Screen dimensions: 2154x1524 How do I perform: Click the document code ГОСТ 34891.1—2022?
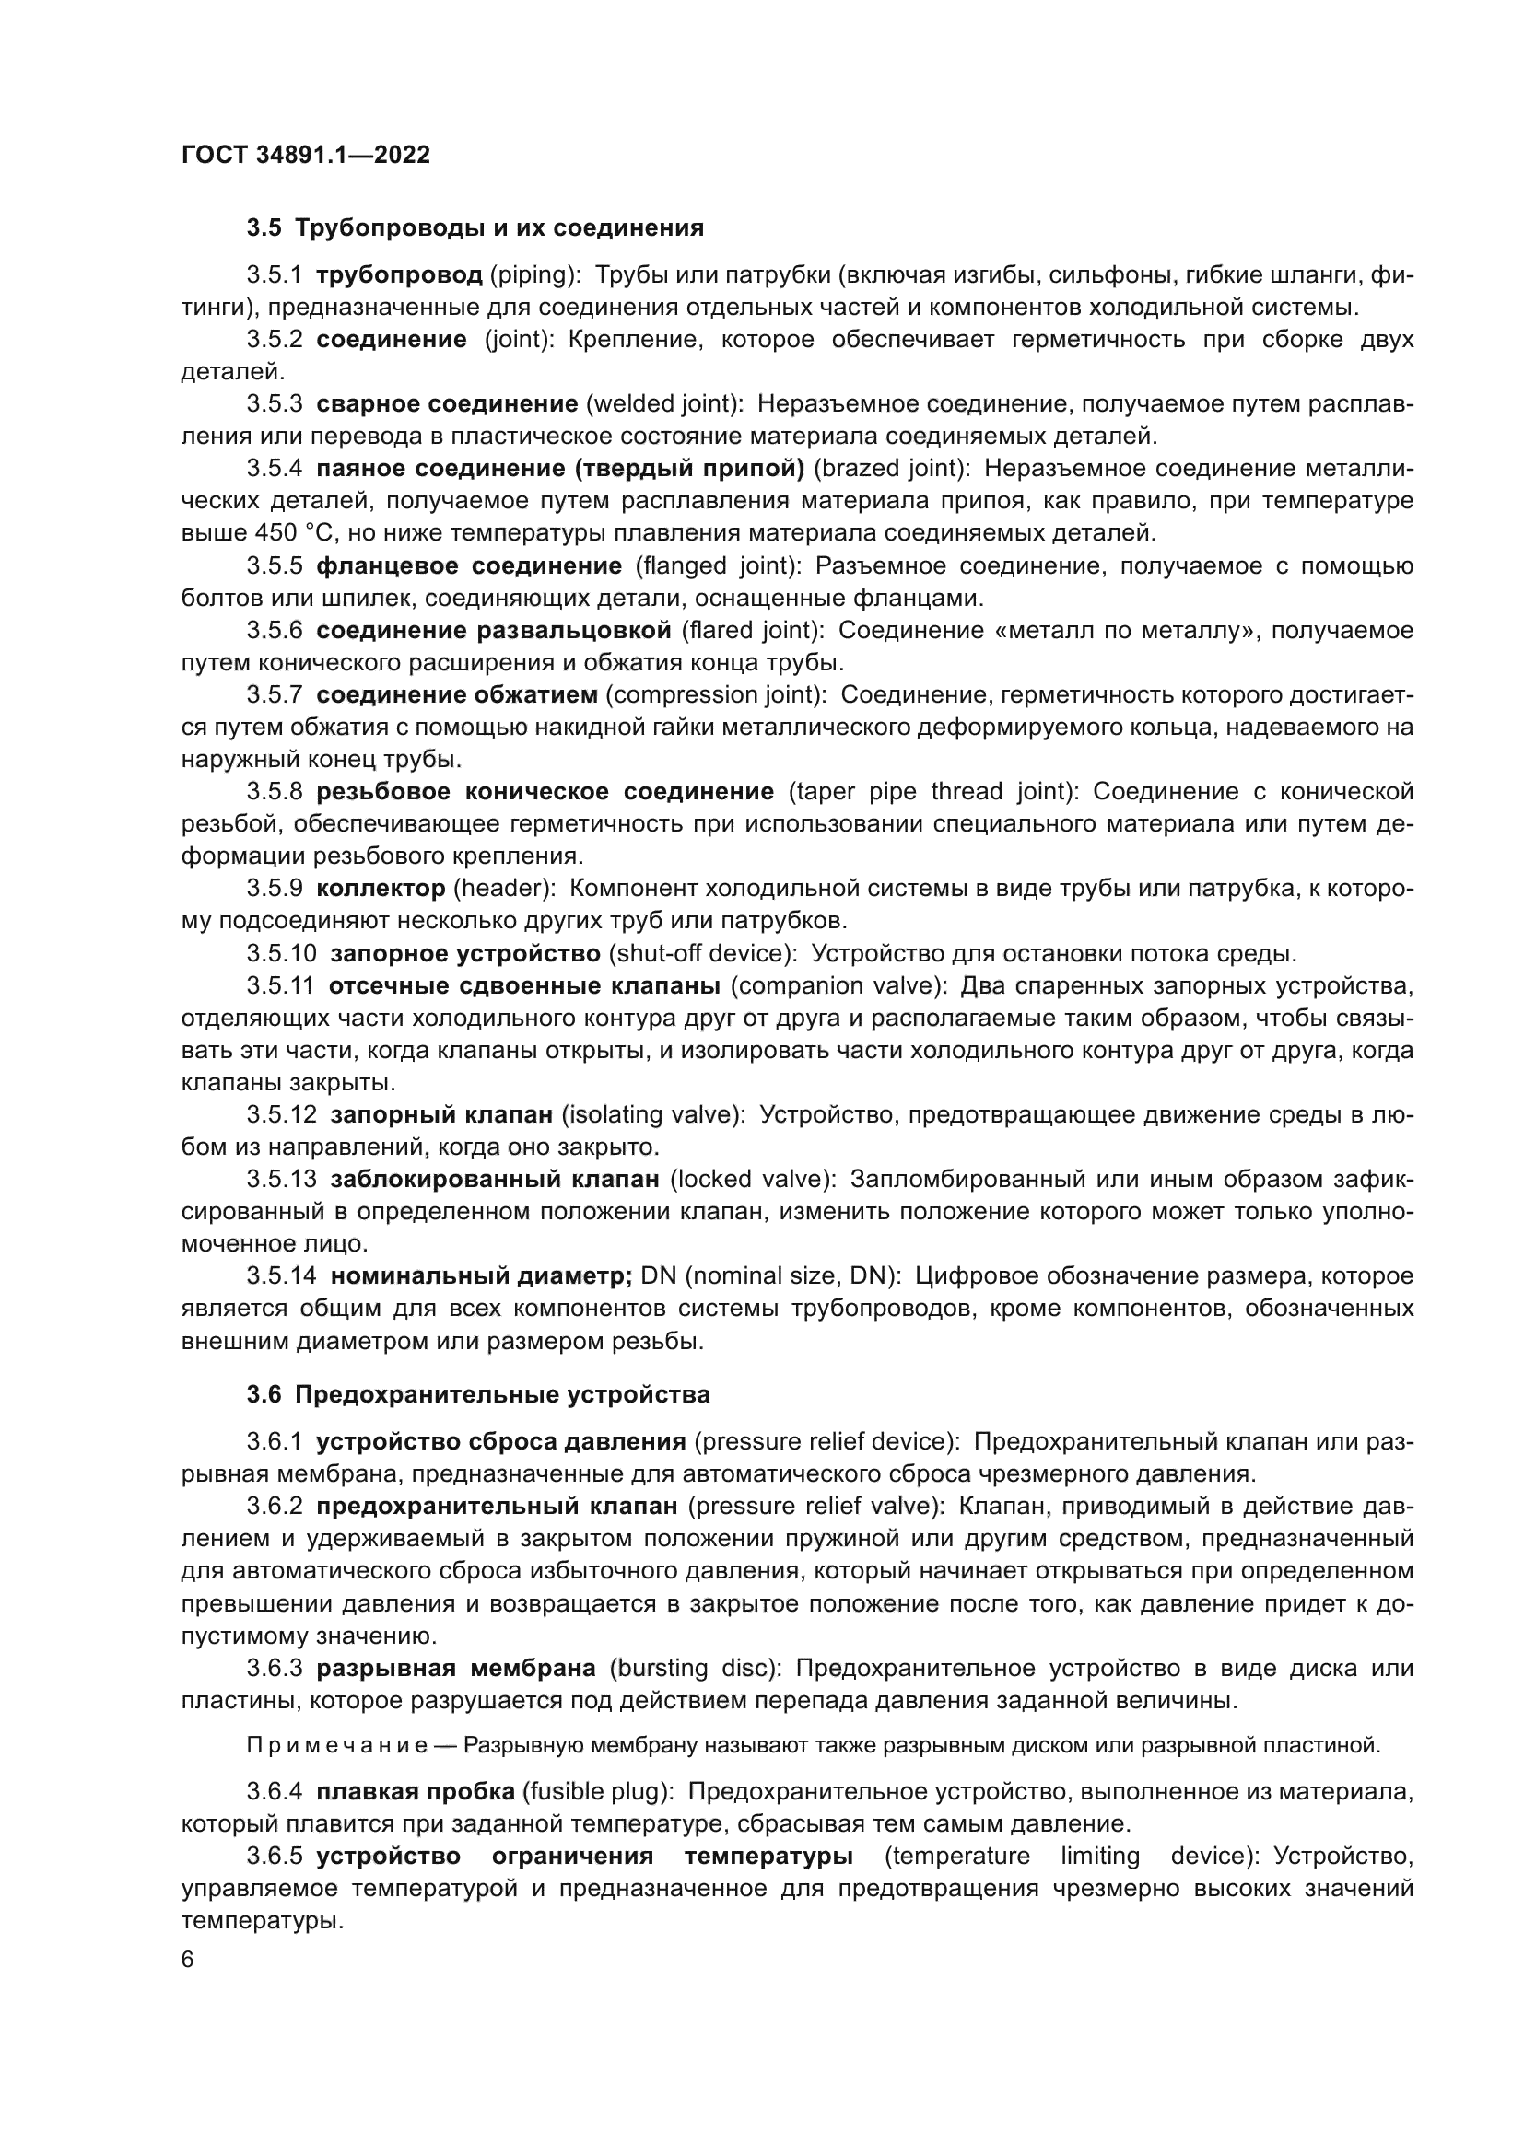coord(305,156)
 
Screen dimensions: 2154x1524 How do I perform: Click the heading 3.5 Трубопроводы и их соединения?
coord(475,228)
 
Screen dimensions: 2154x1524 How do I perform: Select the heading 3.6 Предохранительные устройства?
coord(477,1394)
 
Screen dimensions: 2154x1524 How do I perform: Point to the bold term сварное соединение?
coord(447,403)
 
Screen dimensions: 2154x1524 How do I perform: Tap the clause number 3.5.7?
coord(274,694)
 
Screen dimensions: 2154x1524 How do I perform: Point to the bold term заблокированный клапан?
coord(495,1179)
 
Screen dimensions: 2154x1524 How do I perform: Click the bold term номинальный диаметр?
coord(481,1275)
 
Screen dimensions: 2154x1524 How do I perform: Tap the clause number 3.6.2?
coord(274,1507)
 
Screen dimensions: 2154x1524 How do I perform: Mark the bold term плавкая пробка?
coord(415,1792)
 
